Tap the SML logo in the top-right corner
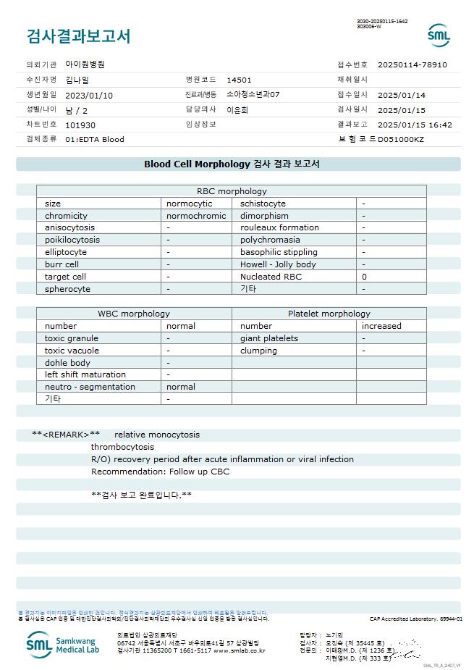click(439, 35)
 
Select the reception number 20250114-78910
click(412, 64)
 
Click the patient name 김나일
click(77, 80)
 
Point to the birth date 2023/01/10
click(89, 95)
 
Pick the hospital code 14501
click(239, 80)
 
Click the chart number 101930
click(80, 125)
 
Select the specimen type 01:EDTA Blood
click(95, 139)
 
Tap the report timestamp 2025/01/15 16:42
click(415, 125)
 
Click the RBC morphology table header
click(232, 191)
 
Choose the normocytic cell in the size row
click(190, 204)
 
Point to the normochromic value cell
click(196, 216)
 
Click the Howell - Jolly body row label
click(278, 264)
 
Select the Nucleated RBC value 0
click(364, 277)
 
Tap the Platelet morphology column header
click(329, 314)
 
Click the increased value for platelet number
click(381, 326)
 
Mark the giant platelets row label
click(269, 338)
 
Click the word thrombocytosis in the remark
click(123, 447)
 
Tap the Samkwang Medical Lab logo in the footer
click(63, 643)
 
